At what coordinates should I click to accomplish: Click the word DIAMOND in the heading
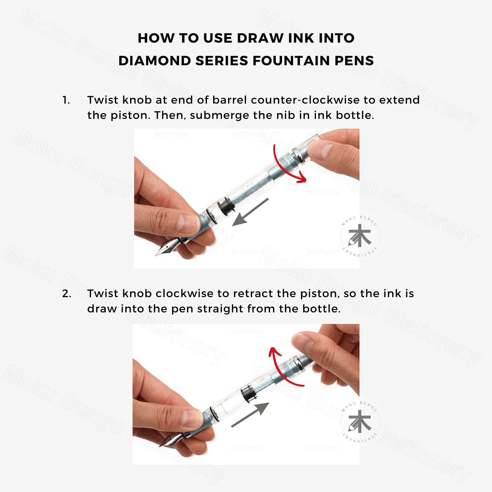pyautogui.click(x=155, y=61)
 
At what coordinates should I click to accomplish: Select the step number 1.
pyautogui.click(x=66, y=100)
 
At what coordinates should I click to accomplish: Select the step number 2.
pyautogui.click(x=66, y=294)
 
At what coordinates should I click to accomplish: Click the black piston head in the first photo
pyautogui.click(x=226, y=206)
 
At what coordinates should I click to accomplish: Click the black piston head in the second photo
pyautogui.click(x=249, y=393)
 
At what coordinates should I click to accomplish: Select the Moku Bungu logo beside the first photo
pyautogui.click(x=360, y=236)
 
